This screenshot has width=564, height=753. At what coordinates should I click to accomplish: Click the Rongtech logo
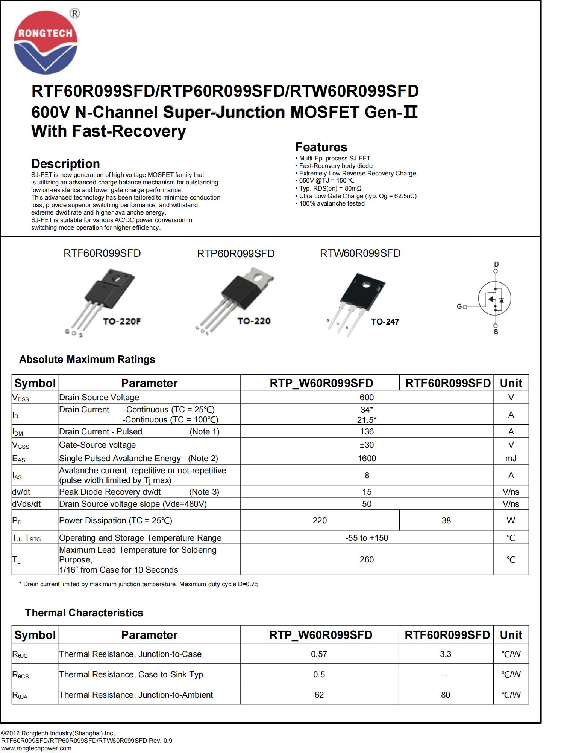tap(45, 42)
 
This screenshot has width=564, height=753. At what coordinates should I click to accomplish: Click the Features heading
tap(321, 147)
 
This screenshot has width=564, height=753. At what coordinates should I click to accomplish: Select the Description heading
tap(65, 163)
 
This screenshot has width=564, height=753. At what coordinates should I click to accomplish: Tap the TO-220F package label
tap(122, 321)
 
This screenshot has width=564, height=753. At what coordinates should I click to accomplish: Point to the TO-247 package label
tap(385, 322)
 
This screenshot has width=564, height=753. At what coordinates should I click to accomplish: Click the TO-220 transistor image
tap(241, 297)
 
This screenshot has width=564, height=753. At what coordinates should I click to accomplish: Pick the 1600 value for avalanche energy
tap(367, 458)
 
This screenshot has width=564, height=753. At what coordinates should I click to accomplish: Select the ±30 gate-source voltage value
tap(367, 445)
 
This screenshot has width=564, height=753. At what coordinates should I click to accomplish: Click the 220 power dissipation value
tap(320, 520)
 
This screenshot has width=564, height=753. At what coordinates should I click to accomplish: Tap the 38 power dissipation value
tap(446, 520)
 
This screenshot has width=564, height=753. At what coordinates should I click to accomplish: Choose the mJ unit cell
tap(511, 458)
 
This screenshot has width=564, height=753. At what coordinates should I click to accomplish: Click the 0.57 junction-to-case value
tap(319, 654)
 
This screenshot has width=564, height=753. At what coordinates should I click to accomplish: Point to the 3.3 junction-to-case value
tap(446, 654)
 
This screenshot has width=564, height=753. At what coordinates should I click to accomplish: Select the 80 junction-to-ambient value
tap(446, 695)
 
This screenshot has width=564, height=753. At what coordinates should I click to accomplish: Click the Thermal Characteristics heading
tap(84, 613)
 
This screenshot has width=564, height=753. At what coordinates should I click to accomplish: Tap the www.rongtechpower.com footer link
tap(36, 748)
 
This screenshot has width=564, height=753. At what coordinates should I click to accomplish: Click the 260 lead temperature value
tap(367, 559)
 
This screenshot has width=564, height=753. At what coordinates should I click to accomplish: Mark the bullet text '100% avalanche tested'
tap(332, 204)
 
